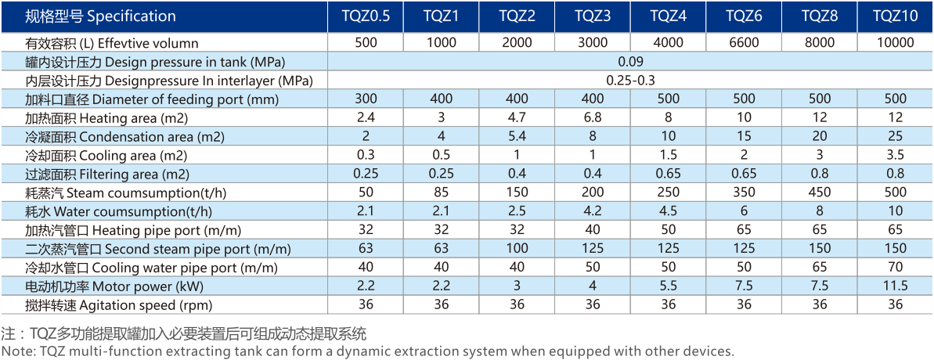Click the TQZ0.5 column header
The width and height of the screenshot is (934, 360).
[366, 16]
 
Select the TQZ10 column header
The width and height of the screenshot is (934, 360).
[896, 16]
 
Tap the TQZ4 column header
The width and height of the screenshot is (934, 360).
[669, 16]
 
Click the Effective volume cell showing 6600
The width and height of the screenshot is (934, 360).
[744, 43]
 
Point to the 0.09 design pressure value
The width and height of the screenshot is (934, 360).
[630, 62]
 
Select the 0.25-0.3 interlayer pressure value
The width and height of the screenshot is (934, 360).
[630, 80]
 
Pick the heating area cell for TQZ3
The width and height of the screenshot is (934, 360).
[593, 117]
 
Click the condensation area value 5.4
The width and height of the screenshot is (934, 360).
[517, 136]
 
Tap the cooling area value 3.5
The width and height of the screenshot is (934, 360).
[896, 155]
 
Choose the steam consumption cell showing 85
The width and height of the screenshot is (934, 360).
[441, 193]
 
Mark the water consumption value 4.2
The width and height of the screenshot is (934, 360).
[593, 211]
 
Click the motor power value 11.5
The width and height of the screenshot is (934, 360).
[896, 286]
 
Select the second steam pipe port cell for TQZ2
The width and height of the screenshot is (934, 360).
[517, 249]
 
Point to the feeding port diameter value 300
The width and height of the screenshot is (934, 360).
[366, 99]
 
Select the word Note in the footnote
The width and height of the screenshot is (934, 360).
[15, 351]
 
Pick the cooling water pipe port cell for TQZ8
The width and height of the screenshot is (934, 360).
[820, 268]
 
